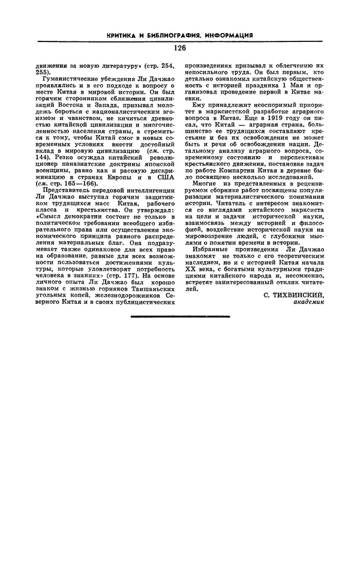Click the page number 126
pos(180,48)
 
